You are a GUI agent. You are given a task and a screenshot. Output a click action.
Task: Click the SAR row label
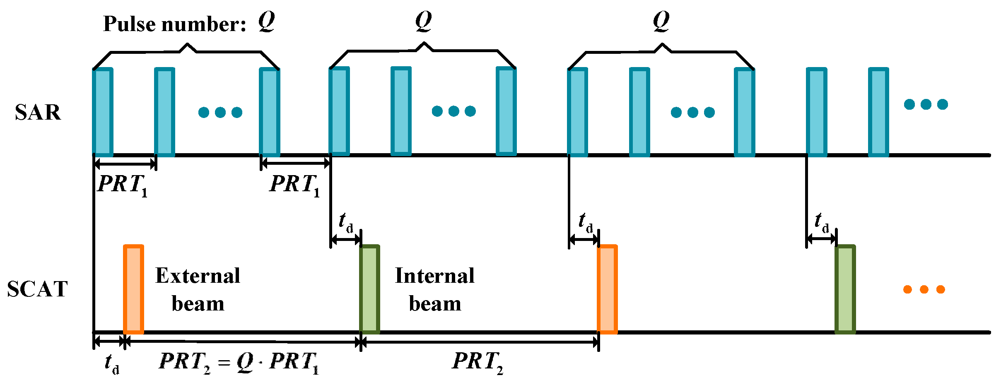coord(38,112)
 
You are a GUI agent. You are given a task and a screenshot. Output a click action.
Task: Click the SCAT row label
coord(37,289)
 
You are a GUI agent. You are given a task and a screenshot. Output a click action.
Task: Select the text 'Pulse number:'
coord(174,24)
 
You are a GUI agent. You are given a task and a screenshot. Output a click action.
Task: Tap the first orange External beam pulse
coord(133,289)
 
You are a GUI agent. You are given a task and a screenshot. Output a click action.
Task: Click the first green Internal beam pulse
coord(369,289)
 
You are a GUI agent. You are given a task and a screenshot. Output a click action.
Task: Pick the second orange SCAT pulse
coord(607,289)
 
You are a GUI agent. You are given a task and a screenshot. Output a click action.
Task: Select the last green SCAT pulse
coord(845,289)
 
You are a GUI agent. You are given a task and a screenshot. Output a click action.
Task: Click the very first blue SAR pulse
coord(102,112)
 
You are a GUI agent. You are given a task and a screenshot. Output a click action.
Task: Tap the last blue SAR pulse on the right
coord(878,112)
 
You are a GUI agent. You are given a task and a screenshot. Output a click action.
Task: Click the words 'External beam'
coord(198,289)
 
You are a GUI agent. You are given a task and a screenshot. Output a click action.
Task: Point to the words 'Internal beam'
coord(435,289)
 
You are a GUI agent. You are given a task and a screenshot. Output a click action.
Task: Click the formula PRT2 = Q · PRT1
coord(239,362)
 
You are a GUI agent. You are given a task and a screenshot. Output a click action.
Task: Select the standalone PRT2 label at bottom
coord(478,362)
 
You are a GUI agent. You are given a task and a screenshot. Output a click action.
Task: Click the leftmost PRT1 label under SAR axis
coord(123,185)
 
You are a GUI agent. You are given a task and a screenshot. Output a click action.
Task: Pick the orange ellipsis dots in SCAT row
coord(924,289)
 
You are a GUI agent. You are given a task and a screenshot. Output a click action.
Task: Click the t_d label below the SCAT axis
coord(111,363)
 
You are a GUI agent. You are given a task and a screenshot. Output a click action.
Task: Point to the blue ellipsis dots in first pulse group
coord(220,112)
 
